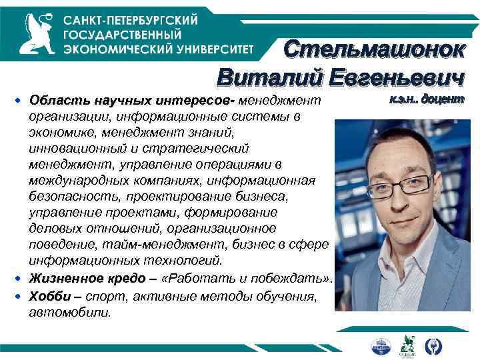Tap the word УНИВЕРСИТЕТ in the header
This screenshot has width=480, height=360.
pyautogui.click(x=213, y=48)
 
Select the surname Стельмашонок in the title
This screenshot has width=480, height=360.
pyautogui.click(x=373, y=49)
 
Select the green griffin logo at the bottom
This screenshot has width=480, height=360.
pyautogui.click(x=407, y=345)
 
